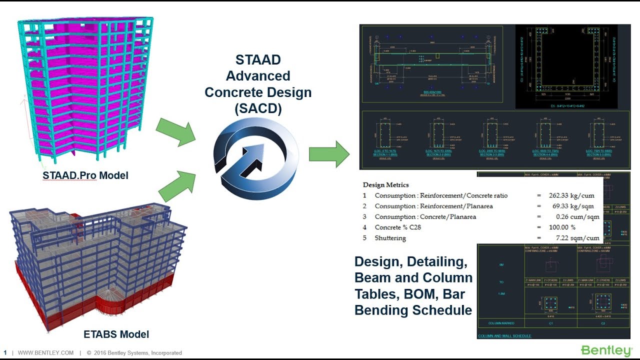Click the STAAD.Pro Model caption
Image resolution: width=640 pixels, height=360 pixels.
pos(85,175)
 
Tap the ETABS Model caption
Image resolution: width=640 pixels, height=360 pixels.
pos(116,334)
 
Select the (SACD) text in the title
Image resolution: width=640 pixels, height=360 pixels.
pos(258,109)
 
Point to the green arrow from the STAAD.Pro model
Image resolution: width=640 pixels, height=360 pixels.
pos(175,131)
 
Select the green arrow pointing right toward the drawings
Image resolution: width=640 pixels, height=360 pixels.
pos(329,154)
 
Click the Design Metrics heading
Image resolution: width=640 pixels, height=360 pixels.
pos(385,185)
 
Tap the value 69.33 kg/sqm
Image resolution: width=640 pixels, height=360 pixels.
pos(576,206)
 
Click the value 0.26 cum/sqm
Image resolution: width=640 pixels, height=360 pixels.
pos(577,216)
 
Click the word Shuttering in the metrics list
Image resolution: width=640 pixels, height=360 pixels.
pos(390,238)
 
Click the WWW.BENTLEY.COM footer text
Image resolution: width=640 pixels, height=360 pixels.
pos(45,353)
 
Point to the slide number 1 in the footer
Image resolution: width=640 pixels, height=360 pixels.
pos(5,353)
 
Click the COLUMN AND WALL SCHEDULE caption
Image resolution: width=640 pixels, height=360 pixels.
pos(504,335)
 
